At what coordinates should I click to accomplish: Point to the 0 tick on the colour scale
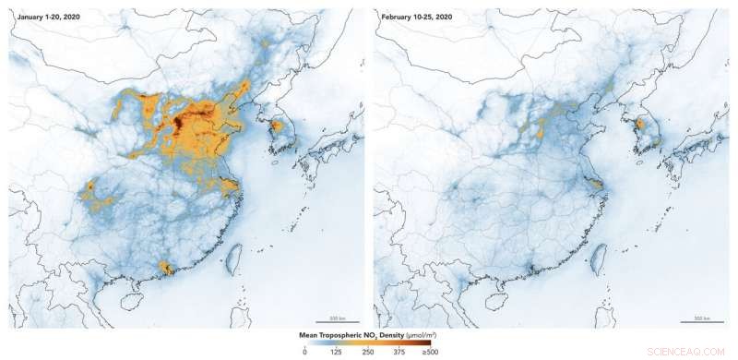pos(304,352)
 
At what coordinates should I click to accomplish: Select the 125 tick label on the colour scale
pos(338,352)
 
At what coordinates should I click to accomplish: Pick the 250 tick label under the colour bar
pos(369,352)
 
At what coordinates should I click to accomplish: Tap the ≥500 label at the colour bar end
pos(431,352)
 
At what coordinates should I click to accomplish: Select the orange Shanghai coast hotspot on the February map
pos(598,185)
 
